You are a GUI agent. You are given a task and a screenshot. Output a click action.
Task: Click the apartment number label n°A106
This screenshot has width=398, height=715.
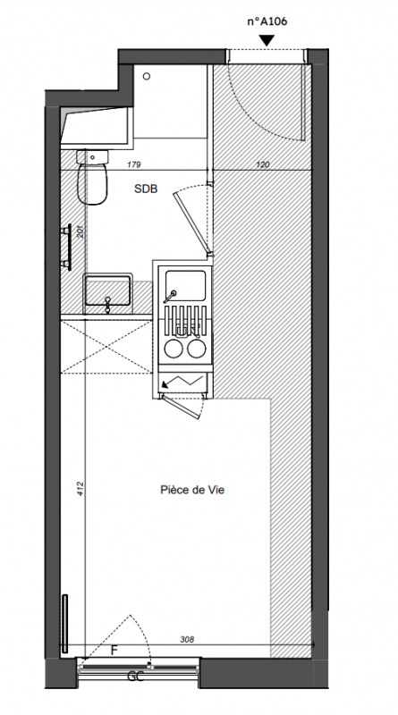(x=267, y=21)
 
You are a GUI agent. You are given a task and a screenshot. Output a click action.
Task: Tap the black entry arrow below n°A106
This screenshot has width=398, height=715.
(x=267, y=40)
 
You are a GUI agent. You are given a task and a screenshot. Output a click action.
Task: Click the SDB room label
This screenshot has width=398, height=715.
(x=146, y=189)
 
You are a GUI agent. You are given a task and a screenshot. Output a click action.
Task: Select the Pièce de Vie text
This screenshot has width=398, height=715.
(x=192, y=490)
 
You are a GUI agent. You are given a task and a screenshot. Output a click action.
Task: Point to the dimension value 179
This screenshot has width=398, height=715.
(x=135, y=164)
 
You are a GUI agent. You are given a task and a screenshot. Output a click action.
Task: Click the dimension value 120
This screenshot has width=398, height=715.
(x=262, y=164)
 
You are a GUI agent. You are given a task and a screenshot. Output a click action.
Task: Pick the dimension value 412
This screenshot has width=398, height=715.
(x=80, y=488)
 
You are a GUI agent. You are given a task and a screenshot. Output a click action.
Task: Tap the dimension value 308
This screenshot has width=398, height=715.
(x=187, y=639)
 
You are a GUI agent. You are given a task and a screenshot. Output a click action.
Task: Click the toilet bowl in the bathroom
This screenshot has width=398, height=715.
(x=92, y=184)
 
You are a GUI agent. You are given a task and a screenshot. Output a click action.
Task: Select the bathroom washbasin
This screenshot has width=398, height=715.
(x=107, y=290)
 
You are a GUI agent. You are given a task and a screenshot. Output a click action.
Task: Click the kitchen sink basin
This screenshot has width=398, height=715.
(x=185, y=285)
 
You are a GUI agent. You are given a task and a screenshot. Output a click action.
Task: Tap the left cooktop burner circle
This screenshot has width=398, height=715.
(x=173, y=349)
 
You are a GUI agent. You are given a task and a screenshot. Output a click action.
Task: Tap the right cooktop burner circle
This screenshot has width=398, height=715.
(x=196, y=349)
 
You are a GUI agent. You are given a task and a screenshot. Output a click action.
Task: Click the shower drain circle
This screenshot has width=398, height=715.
(x=147, y=76)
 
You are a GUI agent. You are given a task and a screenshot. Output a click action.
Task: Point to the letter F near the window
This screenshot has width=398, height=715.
(x=114, y=651)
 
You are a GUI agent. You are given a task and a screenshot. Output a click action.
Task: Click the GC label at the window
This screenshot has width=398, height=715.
(x=136, y=677)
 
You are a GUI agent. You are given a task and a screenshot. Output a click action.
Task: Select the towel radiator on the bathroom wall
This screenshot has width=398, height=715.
(x=68, y=248)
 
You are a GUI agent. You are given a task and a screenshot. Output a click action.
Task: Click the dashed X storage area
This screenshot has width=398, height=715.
(x=106, y=347)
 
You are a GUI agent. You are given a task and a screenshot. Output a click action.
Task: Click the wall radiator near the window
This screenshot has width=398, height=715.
(x=64, y=623)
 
